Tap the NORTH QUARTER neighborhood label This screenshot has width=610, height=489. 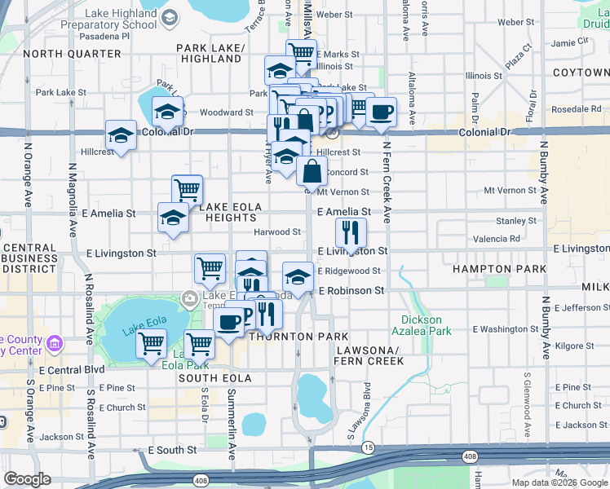pyautogui.click(x=72, y=54)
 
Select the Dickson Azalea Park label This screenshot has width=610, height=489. pyautogui.click(x=427, y=326)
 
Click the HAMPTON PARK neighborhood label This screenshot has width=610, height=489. pyautogui.click(x=487, y=268)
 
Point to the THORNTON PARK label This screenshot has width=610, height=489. pyautogui.click(x=299, y=336)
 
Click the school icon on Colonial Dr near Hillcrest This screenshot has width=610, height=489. pyautogui.click(x=121, y=135)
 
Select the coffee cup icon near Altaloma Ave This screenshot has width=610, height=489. pyautogui.click(x=381, y=112)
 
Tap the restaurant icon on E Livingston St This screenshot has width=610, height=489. pyautogui.click(x=351, y=233)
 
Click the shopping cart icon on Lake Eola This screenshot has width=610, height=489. pyautogui.click(x=152, y=345)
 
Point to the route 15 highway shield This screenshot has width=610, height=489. pyautogui.click(x=369, y=447)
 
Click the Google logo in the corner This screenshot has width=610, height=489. pyautogui.click(x=28, y=478)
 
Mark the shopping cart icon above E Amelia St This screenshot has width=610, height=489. pyautogui.click(x=188, y=190)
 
